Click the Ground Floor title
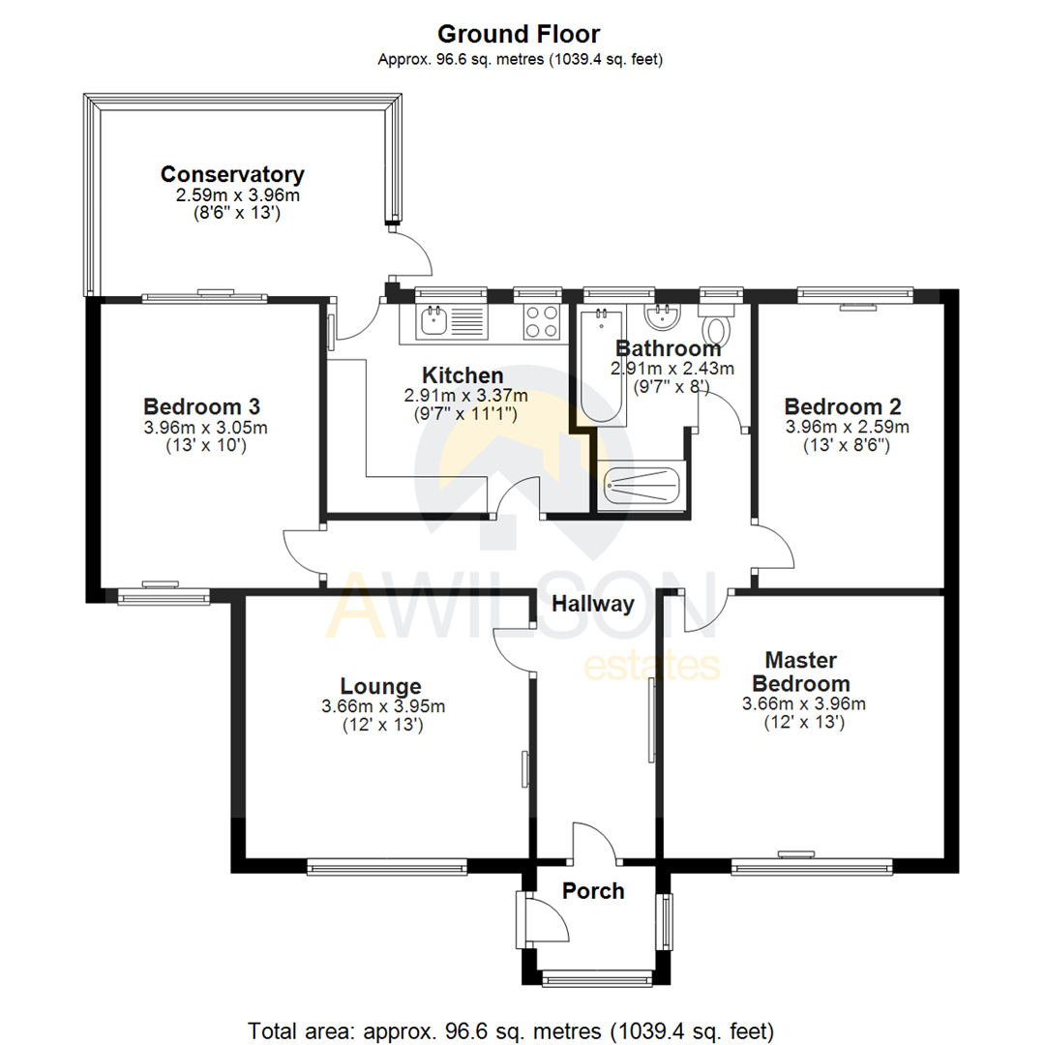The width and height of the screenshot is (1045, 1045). click(x=520, y=35)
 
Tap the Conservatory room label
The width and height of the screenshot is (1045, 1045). click(x=232, y=175)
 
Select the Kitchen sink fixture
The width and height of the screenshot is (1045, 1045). click(x=433, y=321)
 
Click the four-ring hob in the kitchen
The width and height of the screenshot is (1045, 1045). click(x=542, y=321)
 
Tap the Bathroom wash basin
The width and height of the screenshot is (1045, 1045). click(x=662, y=315)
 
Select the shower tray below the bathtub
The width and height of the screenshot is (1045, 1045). click(x=642, y=486)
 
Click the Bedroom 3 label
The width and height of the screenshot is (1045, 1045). click(x=201, y=405)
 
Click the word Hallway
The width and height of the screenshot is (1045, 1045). click(x=593, y=605)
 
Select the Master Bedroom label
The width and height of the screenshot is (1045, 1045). click(x=802, y=671)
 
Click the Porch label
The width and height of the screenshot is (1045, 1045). click(x=593, y=891)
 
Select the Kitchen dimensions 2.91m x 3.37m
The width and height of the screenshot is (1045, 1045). click(x=465, y=396)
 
